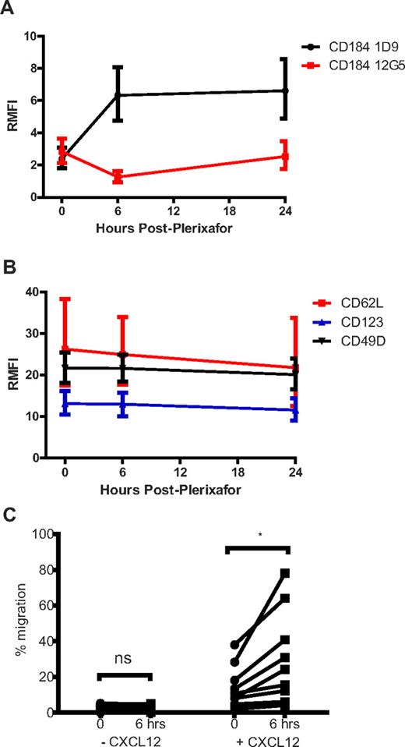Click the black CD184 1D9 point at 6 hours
[118, 95]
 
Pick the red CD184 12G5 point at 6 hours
[118, 177]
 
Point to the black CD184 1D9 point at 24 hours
[285, 90]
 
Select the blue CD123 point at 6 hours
[118, 404]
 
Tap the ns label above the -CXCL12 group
[118, 659]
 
